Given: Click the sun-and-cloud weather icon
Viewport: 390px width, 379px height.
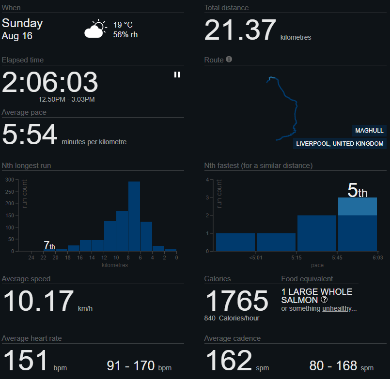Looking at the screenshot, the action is tap(95, 29).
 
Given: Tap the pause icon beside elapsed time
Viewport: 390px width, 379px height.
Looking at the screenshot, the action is tap(177, 75).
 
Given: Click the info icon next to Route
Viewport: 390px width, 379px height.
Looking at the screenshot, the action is tap(229, 59).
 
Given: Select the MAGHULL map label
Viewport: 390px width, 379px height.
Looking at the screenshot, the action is tap(369, 131).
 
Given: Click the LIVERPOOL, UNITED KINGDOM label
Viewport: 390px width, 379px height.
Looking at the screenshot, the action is tap(340, 144).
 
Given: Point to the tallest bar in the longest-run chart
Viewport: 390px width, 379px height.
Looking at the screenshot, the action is tap(134, 216).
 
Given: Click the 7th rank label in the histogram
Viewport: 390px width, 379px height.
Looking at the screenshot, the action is tap(49, 245).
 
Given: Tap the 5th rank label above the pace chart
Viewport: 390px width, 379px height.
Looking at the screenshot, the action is tap(357, 190).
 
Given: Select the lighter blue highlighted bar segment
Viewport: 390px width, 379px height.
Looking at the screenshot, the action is tap(358, 206).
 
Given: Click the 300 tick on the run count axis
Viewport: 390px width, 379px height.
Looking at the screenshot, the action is tap(10, 180).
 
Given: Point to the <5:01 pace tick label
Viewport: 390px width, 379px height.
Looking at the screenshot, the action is tap(256, 258).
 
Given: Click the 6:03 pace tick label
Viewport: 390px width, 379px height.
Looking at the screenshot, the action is tap(377, 258).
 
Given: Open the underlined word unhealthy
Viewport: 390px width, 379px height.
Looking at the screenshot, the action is tap(337, 308).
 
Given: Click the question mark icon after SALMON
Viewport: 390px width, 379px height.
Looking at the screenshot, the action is tap(324, 300).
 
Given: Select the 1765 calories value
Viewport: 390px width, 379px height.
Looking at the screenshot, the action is tap(236, 301).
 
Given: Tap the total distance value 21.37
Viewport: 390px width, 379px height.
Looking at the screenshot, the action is tap(240, 30).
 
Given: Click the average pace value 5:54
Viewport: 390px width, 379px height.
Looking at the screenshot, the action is tap(30, 135).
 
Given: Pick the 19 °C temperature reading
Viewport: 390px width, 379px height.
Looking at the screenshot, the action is tap(123, 25).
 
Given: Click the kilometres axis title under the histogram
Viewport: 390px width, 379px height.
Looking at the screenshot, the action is tap(115, 265).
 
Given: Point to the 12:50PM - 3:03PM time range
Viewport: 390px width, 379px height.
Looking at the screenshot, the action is tap(66, 99).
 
